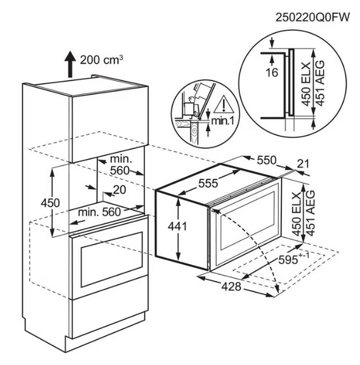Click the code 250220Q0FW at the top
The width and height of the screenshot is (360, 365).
312,17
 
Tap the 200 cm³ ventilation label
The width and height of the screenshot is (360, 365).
102,60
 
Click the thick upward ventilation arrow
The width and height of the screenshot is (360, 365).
71,64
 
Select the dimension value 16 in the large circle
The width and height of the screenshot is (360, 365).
272,72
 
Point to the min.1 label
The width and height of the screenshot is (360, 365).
222,121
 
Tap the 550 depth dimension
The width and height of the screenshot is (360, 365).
267,160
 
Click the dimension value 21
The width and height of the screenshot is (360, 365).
303,164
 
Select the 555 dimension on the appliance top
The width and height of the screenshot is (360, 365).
208,183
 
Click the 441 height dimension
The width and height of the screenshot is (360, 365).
177,226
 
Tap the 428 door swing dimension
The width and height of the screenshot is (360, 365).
231,287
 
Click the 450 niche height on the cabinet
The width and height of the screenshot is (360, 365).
50,203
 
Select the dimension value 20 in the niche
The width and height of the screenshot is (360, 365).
119,190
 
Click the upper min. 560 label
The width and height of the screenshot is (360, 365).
120,165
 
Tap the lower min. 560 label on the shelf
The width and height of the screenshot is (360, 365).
99,212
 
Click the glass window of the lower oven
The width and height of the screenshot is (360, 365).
111,259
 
